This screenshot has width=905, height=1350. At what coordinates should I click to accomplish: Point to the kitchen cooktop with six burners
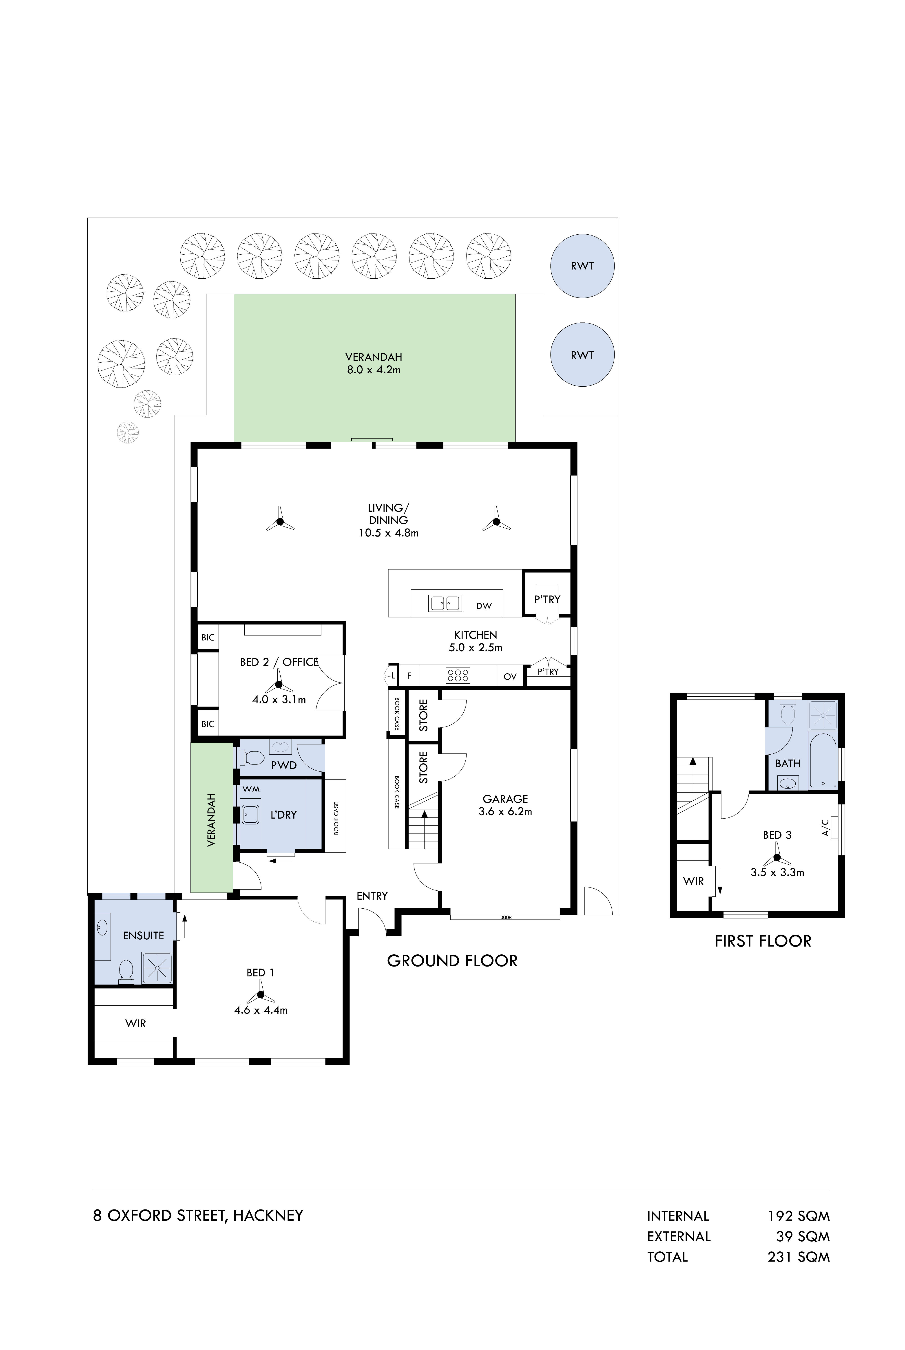point(458,675)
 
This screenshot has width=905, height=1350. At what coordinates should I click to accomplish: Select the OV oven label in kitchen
point(510,676)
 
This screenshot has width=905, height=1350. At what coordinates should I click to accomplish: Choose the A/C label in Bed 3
point(825,827)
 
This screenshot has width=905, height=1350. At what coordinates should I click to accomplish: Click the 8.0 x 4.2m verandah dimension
point(373,370)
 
